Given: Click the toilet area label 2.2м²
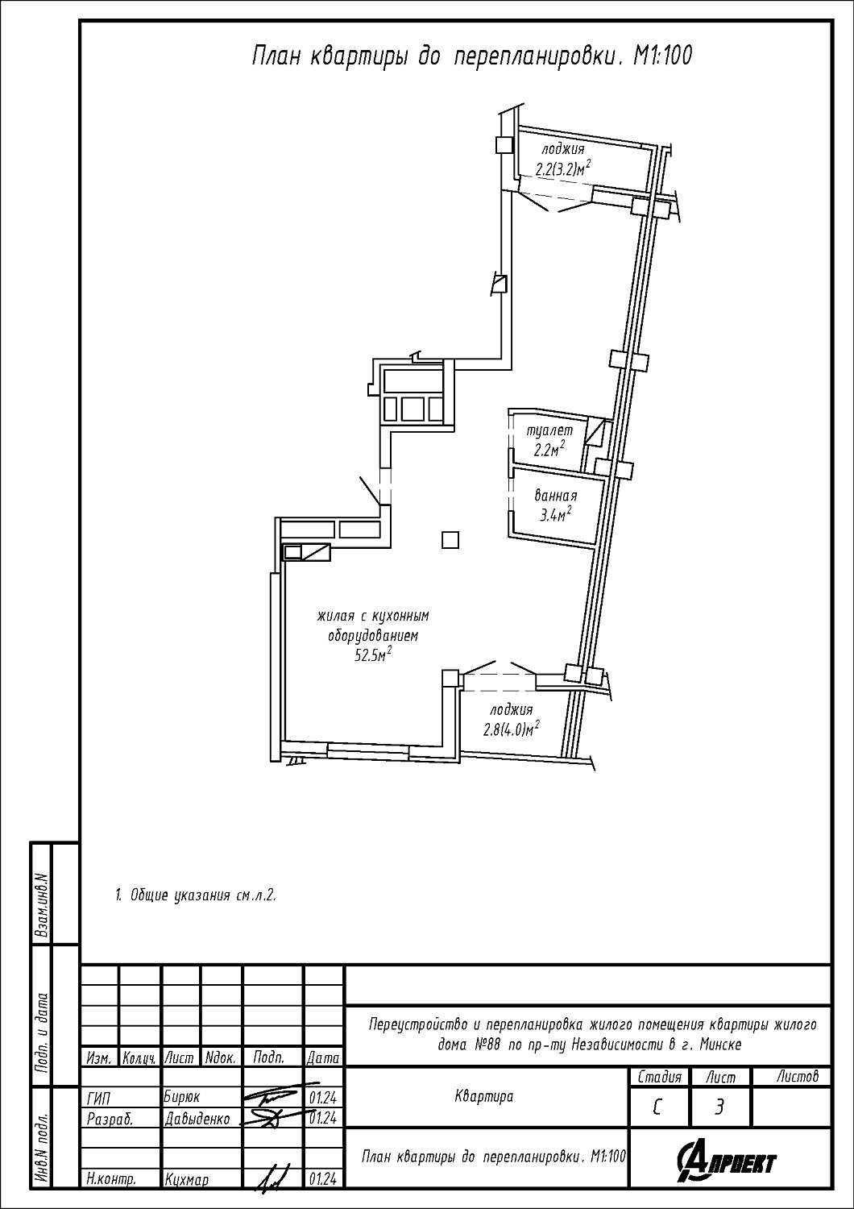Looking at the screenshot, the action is click(549, 448).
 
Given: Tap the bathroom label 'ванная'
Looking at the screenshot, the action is click(556, 496).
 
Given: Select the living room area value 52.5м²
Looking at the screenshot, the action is click(373, 655).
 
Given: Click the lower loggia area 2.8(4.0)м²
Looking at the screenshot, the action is click(512, 729).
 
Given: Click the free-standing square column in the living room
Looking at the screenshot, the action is click(450, 540).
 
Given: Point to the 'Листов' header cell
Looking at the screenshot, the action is click(798, 1076).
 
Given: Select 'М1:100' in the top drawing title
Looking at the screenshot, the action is click(662, 56).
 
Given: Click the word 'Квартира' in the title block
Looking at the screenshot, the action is click(484, 1096).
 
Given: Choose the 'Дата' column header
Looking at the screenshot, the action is click(322, 1058).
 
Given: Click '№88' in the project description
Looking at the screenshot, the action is click(488, 1045).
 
